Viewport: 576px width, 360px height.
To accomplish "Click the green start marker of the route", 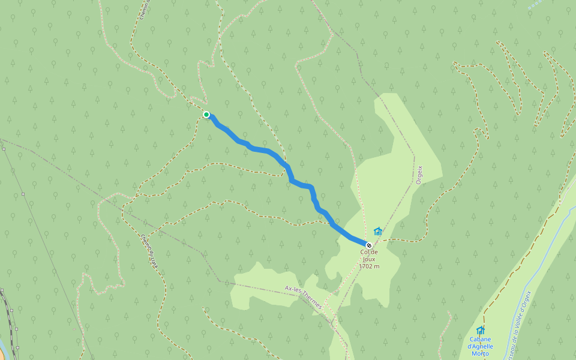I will point(206,114).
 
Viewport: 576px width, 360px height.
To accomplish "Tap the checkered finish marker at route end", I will point(368,245).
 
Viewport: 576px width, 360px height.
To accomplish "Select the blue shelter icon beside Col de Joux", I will point(378,231).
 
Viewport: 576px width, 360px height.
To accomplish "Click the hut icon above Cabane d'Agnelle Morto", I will point(480,330).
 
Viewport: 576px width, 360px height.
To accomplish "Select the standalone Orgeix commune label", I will point(419,174).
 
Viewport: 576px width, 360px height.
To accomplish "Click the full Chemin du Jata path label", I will point(150,250).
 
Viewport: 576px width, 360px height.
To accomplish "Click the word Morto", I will point(480,353).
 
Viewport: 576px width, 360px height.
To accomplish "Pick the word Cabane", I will point(480,339).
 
